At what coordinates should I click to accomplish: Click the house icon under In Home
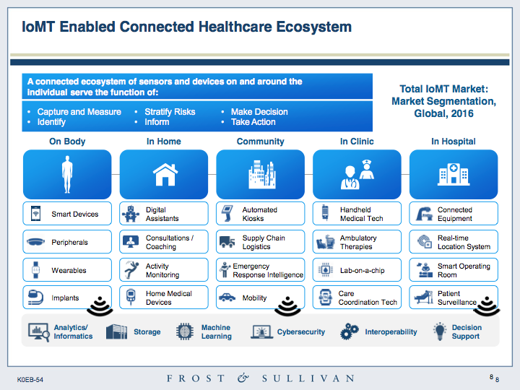[x=165, y=175]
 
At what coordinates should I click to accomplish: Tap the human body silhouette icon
[x=67, y=174]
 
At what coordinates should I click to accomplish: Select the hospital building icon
[x=454, y=174]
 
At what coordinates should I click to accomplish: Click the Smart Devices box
[x=67, y=214]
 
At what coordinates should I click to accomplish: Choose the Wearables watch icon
[x=35, y=270]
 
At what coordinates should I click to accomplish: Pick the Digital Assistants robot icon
[x=131, y=214]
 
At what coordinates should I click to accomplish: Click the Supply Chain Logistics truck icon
[x=227, y=242]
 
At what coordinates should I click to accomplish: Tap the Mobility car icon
[x=227, y=297]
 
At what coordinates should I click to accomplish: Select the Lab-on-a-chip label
[x=362, y=270]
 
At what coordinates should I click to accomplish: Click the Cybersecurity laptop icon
[x=261, y=331]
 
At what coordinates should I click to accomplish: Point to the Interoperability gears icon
[x=350, y=331]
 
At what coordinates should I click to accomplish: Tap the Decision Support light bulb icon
[x=440, y=331]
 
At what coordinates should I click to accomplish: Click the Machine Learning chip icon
[x=185, y=331]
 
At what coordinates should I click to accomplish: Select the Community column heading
[x=260, y=142]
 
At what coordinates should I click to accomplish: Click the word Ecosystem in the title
[x=313, y=27]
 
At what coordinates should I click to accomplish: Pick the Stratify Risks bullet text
[x=170, y=112]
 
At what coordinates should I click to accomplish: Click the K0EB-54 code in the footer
[x=30, y=379]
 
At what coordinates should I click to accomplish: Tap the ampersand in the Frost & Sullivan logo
[x=243, y=378]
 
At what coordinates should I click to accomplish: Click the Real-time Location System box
[x=454, y=242]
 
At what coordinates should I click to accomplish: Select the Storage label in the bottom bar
[x=147, y=331]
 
